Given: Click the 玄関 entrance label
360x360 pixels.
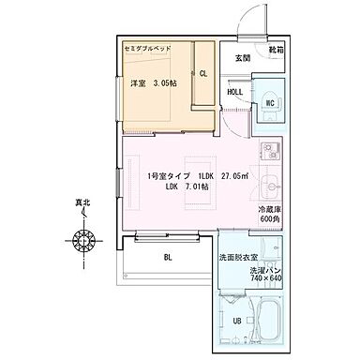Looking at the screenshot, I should [242, 57].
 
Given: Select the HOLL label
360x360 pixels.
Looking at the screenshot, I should [235, 92].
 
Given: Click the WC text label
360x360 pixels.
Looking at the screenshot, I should [269, 103].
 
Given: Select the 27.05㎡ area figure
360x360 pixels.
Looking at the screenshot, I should [235, 175].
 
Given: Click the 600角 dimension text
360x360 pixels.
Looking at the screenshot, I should [269, 219].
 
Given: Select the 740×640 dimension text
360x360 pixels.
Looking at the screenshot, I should [268, 277].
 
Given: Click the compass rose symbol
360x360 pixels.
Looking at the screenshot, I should [84, 241].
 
